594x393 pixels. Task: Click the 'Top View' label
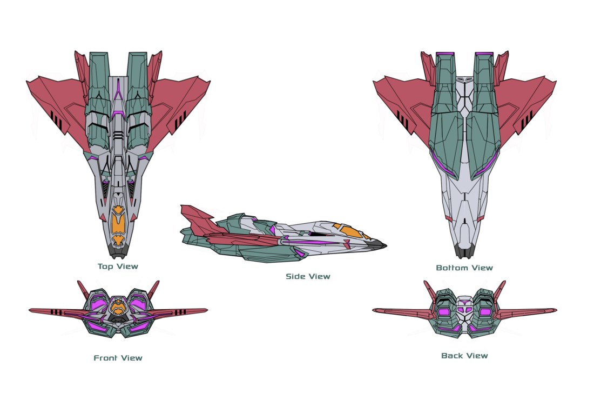coord(118,266)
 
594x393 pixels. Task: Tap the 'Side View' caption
coord(308,276)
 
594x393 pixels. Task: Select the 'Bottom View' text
coord(464,268)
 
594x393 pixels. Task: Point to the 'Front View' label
coord(118,357)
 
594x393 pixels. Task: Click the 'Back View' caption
coord(464,355)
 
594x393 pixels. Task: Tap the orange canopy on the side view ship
coord(346,230)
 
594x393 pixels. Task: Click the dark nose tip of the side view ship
coord(381,246)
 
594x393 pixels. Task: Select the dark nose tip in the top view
coord(118,251)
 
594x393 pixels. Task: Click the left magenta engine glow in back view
coord(444,312)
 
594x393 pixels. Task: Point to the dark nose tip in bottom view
coord(464,252)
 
